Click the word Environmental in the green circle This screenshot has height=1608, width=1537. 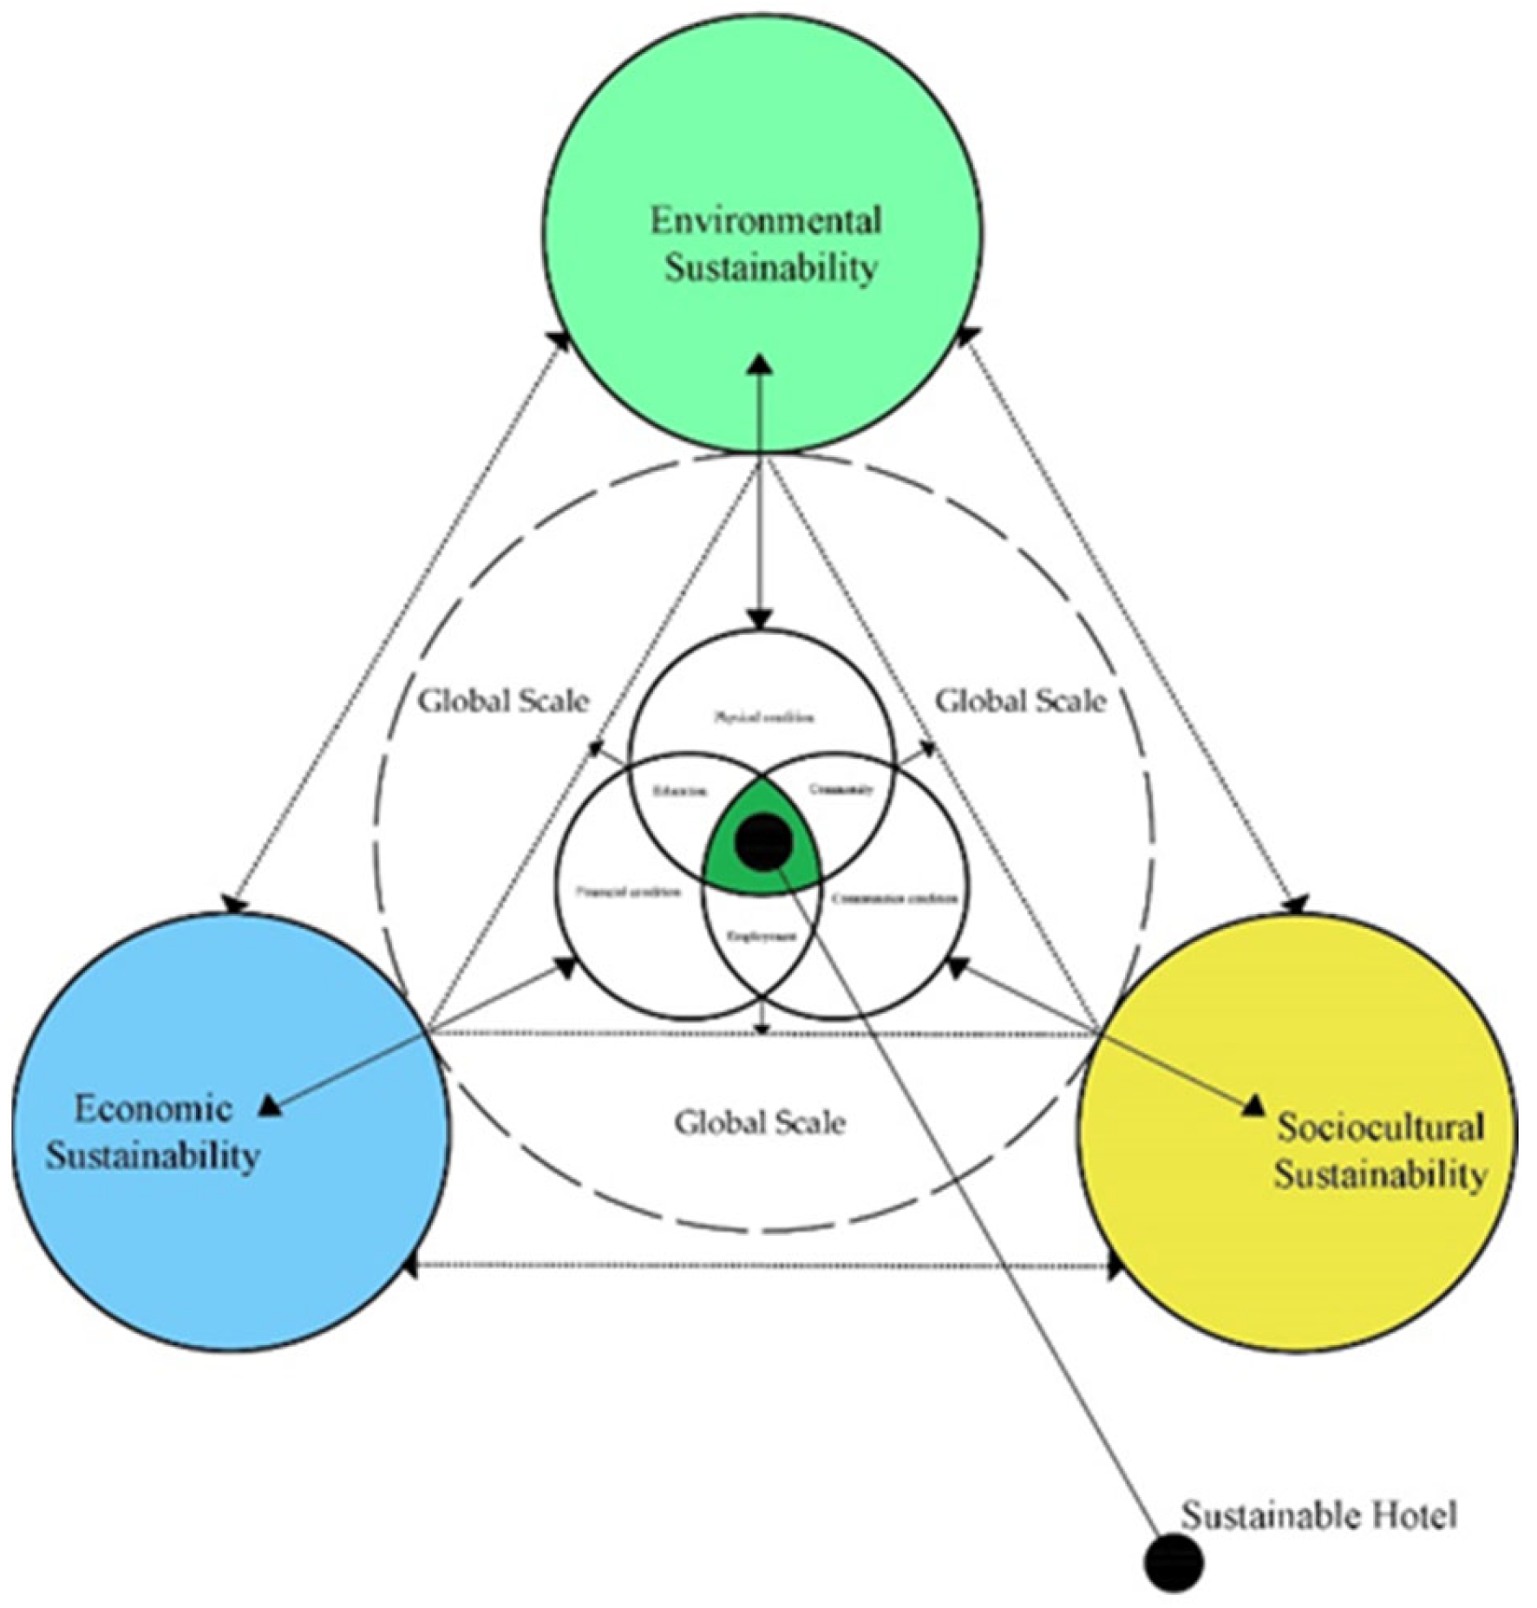(x=766, y=220)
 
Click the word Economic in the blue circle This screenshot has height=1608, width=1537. (x=153, y=1108)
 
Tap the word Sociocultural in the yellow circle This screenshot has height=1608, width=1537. (x=1379, y=1128)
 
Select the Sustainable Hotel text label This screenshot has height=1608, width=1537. (x=1318, y=1515)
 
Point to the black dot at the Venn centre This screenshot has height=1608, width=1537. (x=763, y=841)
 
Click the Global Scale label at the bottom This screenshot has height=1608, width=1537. (x=760, y=1122)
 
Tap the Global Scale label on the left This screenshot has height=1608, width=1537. (x=503, y=701)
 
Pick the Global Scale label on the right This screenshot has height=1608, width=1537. (x=1020, y=701)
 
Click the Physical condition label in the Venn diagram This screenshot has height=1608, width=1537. (x=763, y=716)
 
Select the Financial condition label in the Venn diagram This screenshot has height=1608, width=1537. (x=629, y=892)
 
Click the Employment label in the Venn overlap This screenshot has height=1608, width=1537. (x=762, y=937)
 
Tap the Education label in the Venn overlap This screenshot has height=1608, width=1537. (x=680, y=791)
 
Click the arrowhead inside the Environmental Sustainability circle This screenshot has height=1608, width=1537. (x=761, y=363)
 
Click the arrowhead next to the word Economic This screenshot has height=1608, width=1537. (x=271, y=1105)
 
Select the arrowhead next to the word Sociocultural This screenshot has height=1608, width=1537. (x=1254, y=1106)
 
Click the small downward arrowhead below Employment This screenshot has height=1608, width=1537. (x=762, y=1029)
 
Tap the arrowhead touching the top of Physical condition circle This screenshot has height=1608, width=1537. (x=761, y=618)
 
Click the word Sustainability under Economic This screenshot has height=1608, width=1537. (x=153, y=1156)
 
